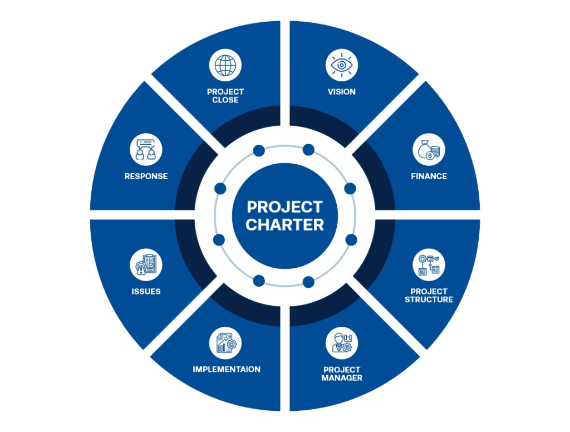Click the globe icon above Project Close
click(x=225, y=66)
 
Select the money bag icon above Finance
click(x=429, y=150)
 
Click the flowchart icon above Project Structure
click(x=429, y=265)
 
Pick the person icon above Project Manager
click(x=342, y=343)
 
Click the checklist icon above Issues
click(x=146, y=265)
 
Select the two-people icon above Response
click(x=146, y=150)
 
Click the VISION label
click(x=342, y=92)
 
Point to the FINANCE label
click(x=429, y=176)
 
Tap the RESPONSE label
click(x=146, y=176)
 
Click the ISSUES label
click(x=146, y=291)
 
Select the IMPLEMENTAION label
click(x=227, y=370)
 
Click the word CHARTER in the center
click(x=284, y=225)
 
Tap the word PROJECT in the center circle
click(x=284, y=207)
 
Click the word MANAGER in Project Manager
click(x=342, y=378)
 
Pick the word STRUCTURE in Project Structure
click(x=429, y=300)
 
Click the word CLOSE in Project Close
click(x=225, y=100)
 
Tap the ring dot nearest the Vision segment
click(x=308, y=149)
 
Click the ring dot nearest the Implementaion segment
click(x=259, y=281)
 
